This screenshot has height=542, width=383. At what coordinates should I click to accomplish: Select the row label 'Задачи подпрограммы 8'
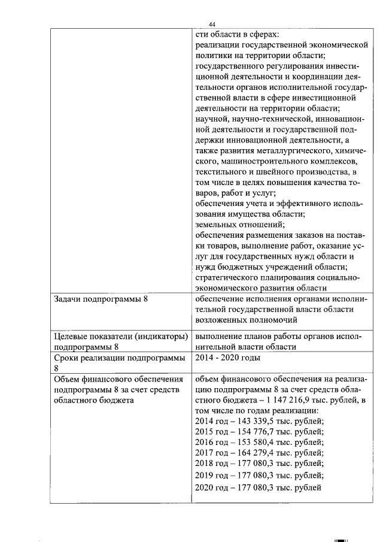coord(101,299)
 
